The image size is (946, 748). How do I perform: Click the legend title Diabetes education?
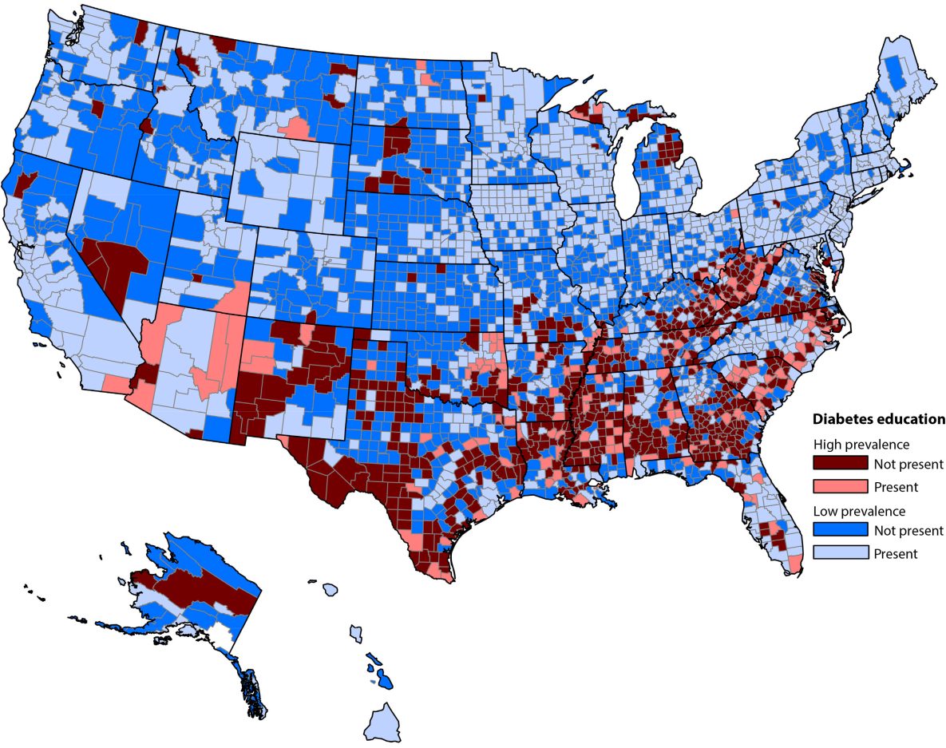tap(878, 418)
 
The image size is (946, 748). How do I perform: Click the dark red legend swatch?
tap(839, 464)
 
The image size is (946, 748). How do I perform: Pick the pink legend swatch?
tap(839, 486)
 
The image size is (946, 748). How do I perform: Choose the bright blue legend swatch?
tap(839, 531)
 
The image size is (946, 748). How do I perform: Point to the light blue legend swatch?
tap(839, 553)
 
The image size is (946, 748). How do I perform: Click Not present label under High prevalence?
tap(908, 464)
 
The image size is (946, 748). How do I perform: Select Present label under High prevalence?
tap(896, 486)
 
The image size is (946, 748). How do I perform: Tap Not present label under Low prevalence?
tap(908, 531)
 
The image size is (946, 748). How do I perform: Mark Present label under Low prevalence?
tap(896, 553)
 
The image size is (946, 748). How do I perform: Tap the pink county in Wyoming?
tap(297, 128)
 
